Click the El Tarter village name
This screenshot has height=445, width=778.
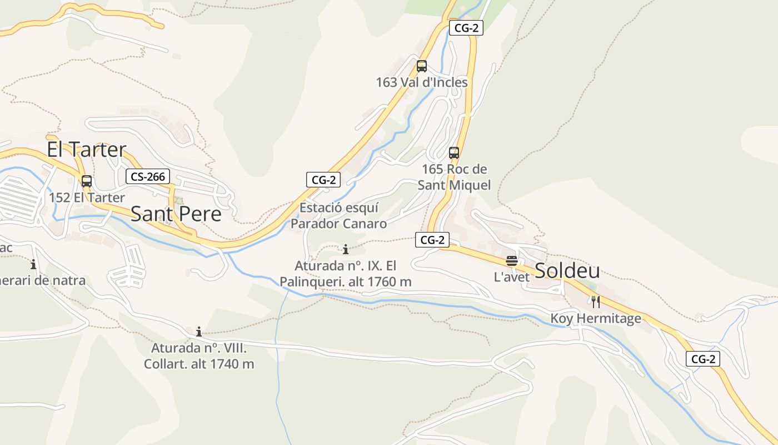86,150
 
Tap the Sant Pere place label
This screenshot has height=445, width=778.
176,214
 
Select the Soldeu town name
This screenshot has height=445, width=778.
567,271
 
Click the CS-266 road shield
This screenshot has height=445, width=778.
147,177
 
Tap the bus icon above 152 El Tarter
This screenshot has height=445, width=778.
87,181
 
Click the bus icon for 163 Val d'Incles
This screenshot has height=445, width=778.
422,66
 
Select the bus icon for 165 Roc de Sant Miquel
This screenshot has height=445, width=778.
454,153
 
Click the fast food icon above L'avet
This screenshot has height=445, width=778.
512,261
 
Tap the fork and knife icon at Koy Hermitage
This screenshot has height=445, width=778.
595,302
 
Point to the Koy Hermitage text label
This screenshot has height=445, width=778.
596,319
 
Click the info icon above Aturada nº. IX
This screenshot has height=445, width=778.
346,249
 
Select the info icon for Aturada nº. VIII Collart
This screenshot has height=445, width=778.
199,332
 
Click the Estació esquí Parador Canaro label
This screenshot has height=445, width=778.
338,216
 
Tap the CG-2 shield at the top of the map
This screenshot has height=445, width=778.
466,28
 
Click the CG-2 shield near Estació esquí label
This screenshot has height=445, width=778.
323,180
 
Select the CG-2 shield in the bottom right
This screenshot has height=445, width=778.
703,359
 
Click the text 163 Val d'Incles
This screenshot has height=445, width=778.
422,82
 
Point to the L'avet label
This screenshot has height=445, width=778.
512,276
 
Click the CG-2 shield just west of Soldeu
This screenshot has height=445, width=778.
432,240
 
